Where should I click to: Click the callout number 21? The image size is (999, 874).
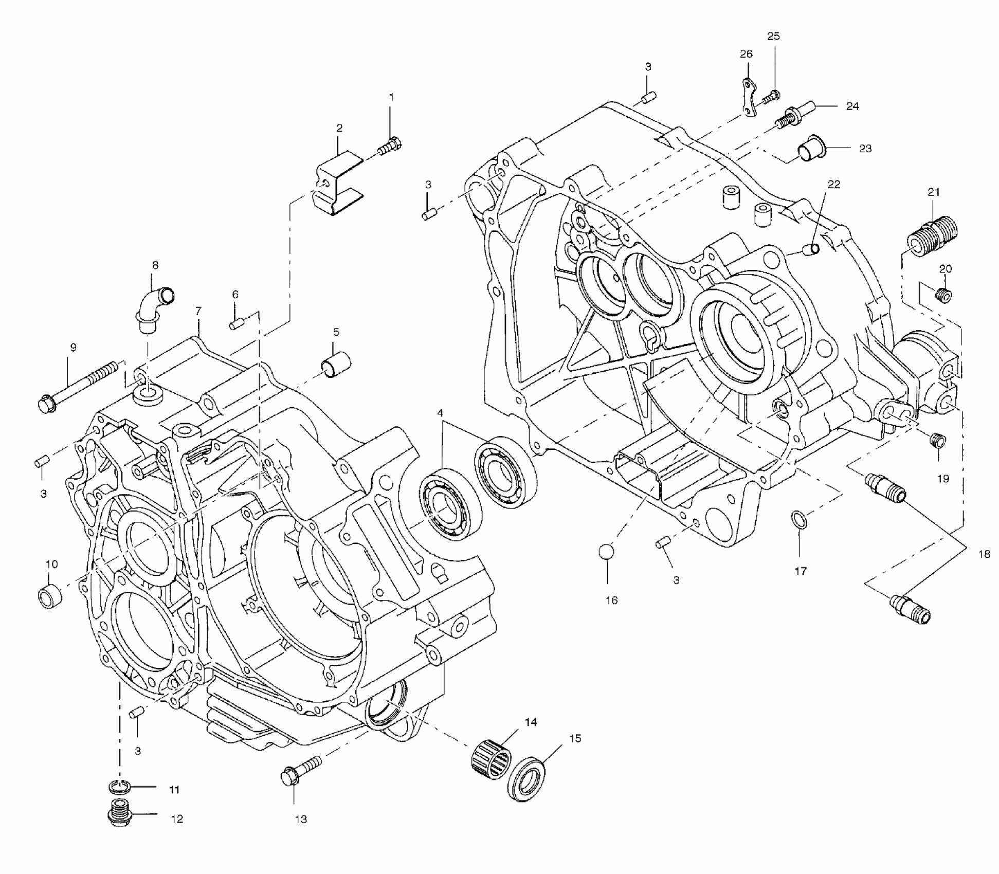coord(934,192)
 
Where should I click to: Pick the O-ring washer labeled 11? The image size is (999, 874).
coord(120,787)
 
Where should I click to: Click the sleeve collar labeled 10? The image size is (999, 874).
coord(50,595)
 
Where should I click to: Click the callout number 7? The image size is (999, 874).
coord(198,311)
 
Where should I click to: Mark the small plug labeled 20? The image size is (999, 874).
coord(944,295)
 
